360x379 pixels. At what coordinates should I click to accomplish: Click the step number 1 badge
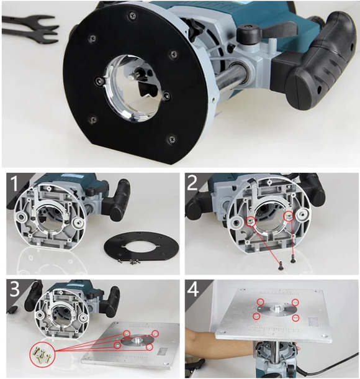pyautogui.click(x=14, y=183)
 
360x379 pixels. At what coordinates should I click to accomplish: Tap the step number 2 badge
pyautogui.click(x=193, y=184)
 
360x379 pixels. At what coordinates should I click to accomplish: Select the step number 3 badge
pyautogui.click(x=14, y=290)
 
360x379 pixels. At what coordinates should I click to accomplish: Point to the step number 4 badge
pyautogui.click(x=193, y=290)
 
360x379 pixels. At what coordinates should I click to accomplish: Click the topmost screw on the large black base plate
pyautogui.click(x=132, y=16)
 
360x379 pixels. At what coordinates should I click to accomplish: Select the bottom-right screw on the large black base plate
pyautogui.click(x=172, y=139)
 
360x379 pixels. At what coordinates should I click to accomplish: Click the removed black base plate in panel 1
pyautogui.click(x=142, y=247)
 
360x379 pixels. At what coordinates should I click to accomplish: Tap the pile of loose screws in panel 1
pyautogui.click(x=128, y=261)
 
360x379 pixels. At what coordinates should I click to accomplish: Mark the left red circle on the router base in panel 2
pyautogui.click(x=251, y=221)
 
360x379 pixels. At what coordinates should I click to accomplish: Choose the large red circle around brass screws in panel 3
pyautogui.click(x=42, y=354)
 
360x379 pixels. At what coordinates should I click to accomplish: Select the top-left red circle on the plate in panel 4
pyautogui.click(x=261, y=302)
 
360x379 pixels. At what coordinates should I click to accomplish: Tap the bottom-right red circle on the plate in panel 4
pyautogui.click(x=295, y=318)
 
